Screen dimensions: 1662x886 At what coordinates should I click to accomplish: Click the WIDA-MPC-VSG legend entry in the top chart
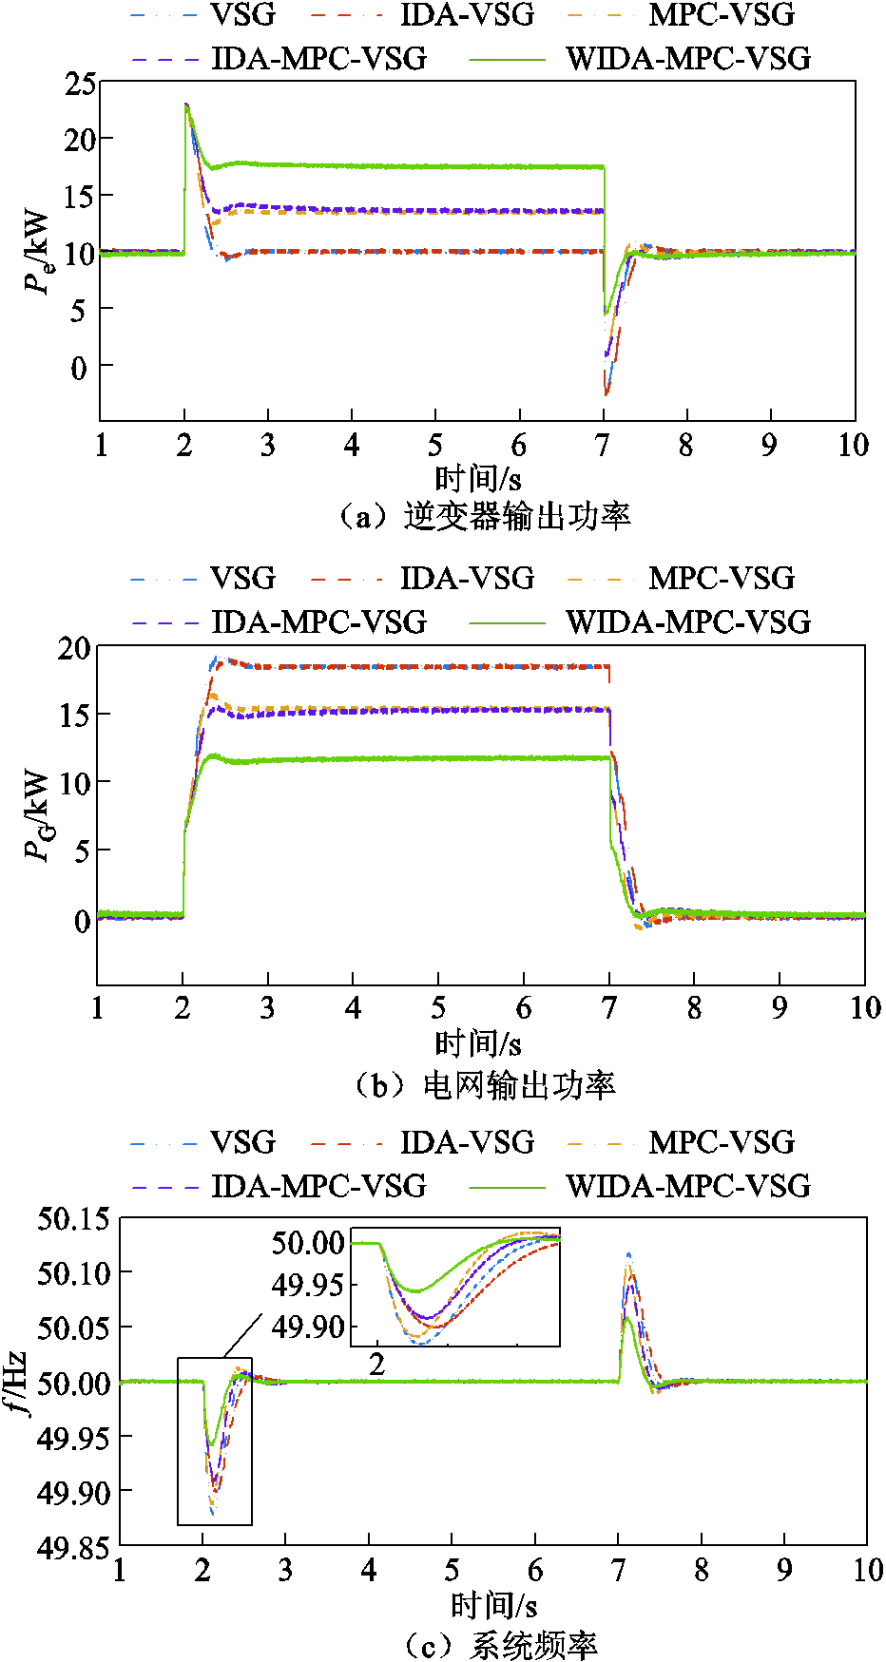tap(688, 59)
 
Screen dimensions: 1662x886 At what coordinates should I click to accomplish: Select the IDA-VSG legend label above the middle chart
tap(467, 578)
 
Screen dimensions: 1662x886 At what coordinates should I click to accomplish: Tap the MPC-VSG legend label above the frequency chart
tap(722, 1142)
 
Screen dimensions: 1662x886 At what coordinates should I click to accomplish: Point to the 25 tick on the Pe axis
tap(81, 84)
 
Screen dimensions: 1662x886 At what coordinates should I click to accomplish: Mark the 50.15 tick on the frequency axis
tap(73, 1218)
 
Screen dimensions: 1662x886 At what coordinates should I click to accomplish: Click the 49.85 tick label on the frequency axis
tap(73, 1548)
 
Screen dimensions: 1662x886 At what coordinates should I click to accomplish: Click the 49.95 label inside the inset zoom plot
tap(308, 1285)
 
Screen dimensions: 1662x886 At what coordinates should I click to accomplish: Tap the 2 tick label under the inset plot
tap(377, 1365)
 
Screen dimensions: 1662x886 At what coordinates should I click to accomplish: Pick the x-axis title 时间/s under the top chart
tap(478, 478)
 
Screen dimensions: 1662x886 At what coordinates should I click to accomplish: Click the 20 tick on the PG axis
tap(74, 649)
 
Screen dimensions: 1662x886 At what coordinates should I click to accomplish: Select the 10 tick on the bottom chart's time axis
tap(867, 1570)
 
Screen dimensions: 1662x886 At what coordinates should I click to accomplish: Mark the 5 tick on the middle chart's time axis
tap(438, 1007)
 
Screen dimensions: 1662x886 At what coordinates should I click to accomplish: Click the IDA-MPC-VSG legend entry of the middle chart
tap(318, 622)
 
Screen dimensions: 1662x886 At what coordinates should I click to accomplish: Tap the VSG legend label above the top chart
tap(242, 15)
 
